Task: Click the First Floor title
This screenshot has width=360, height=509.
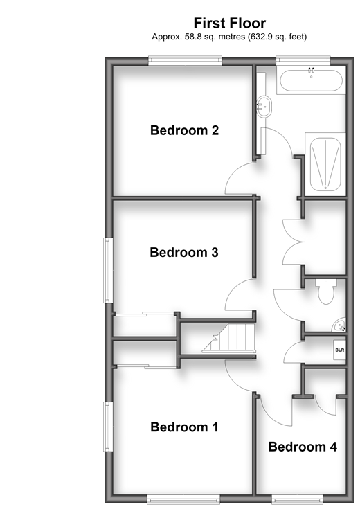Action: pyautogui.click(x=230, y=23)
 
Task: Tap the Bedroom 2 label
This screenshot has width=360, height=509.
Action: pyautogui.click(x=184, y=130)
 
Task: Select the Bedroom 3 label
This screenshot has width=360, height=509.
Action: pyautogui.click(x=184, y=252)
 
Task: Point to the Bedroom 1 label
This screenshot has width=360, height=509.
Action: pyautogui.click(x=184, y=427)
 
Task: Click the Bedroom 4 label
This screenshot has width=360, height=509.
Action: pyautogui.click(x=303, y=447)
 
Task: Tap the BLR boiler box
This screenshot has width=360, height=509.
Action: pyautogui.click(x=339, y=350)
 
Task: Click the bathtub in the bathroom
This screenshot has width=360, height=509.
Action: pyautogui.click(x=311, y=80)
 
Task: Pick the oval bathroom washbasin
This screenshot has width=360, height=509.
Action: pyautogui.click(x=264, y=107)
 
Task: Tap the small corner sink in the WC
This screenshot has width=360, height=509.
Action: pyautogui.click(x=339, y=325)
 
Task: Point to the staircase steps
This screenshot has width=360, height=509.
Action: pyautogui.click(x=229, y=338)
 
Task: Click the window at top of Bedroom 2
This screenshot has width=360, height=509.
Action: pyautogui.click(x=186, y=60)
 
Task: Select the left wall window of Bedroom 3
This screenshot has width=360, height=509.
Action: pyautogui.click(x=108, y=270)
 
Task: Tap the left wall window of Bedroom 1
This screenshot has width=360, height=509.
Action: pyautogui.click(x=108, y=427)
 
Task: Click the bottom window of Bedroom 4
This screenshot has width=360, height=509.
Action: pyautogui.click(x=297, y=499)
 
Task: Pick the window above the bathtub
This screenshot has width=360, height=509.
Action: pyautogui.click(x=303, y=60)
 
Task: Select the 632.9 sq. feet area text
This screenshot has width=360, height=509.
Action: pyautogui.click(x=277, y=37)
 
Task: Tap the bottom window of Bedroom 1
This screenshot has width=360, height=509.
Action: pyautogui.click(x=183, y=499)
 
